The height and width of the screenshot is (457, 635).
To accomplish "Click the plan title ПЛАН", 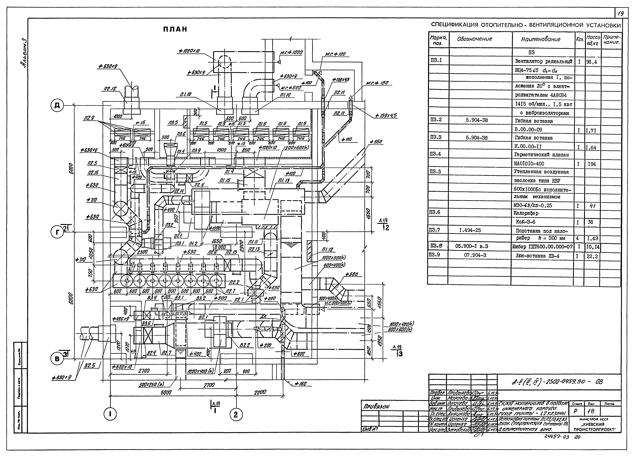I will (175, 29).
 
